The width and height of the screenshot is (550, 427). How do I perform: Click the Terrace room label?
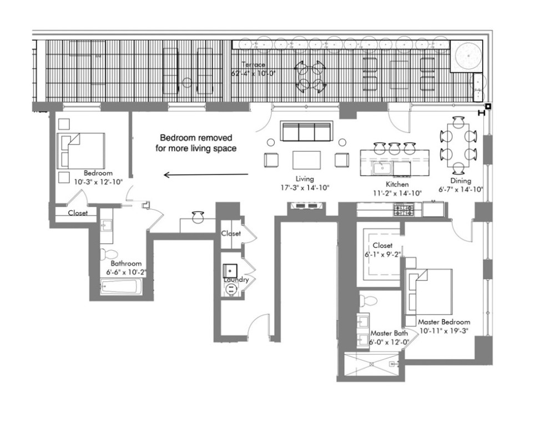(253, 64)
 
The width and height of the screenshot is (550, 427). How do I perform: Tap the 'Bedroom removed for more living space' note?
(196, 143)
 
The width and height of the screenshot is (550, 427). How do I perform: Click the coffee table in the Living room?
(307, 160)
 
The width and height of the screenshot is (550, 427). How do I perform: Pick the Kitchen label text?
(397, 184)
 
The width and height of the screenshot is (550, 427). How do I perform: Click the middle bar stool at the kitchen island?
(395, 148)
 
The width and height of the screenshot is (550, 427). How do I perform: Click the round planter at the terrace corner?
(469, 56)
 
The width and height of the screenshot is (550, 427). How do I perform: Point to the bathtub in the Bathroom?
(122, 287)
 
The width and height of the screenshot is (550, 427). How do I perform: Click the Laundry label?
(236, 280)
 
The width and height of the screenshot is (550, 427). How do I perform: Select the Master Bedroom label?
(443, 322)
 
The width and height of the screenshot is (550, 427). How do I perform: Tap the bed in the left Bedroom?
(82, 150)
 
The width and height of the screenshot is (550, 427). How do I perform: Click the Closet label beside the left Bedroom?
(78, 213)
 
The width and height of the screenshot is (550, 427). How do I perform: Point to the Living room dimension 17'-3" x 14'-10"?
(305, 188)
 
